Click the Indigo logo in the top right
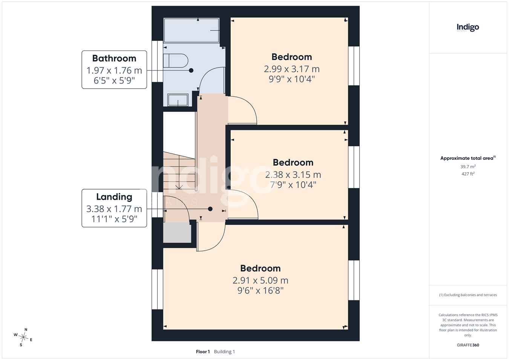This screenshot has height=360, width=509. coord(468,28)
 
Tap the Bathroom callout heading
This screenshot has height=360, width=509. coord(114,58)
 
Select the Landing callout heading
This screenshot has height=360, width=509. coord(114,197)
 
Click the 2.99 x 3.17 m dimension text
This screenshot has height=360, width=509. coord(292,69)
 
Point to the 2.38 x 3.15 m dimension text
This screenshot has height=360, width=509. coord(293,175)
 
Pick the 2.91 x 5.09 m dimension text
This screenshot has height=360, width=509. coord(261,280)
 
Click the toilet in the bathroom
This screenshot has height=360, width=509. coord(176,61)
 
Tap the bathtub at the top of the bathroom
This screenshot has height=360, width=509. coord(191,31)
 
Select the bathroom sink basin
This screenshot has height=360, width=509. coord(178,100)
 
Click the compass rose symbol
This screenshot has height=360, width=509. coord(23,337)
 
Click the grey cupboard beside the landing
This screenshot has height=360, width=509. coord(177,232)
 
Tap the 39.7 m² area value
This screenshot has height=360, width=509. coord(468,167)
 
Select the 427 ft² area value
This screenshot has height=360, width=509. coord(468,174)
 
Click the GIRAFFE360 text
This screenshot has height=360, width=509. coord(468,345)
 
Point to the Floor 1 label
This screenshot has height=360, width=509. coord(203,352)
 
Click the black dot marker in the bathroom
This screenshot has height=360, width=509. coord(191,70)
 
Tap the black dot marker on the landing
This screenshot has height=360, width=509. coord(210,209)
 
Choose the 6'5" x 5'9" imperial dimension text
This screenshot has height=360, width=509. coord(114,80)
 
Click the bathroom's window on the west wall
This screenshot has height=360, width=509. coord(157,61)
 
